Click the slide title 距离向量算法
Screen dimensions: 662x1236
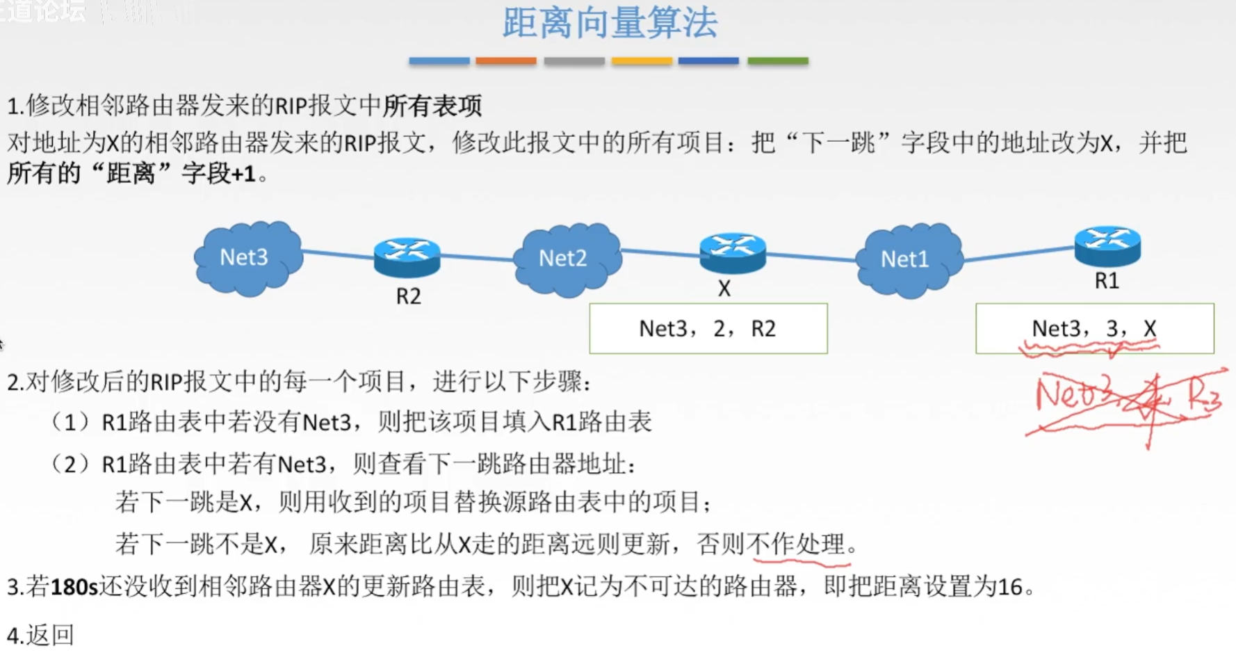610,23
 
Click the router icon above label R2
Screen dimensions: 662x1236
407,256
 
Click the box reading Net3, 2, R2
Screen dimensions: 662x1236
708,328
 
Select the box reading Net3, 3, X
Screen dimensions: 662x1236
1094,328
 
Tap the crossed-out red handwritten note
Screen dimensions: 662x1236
1126,399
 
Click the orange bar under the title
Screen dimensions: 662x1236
505,61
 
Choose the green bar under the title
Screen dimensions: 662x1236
777,61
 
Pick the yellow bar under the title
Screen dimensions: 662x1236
642,61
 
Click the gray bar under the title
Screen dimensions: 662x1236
574,61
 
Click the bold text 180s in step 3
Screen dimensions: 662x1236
74,587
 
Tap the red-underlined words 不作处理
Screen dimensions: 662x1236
799,544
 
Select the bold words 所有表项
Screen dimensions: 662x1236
432,106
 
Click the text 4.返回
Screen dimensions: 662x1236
40,635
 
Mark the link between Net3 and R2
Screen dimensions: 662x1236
338,255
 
